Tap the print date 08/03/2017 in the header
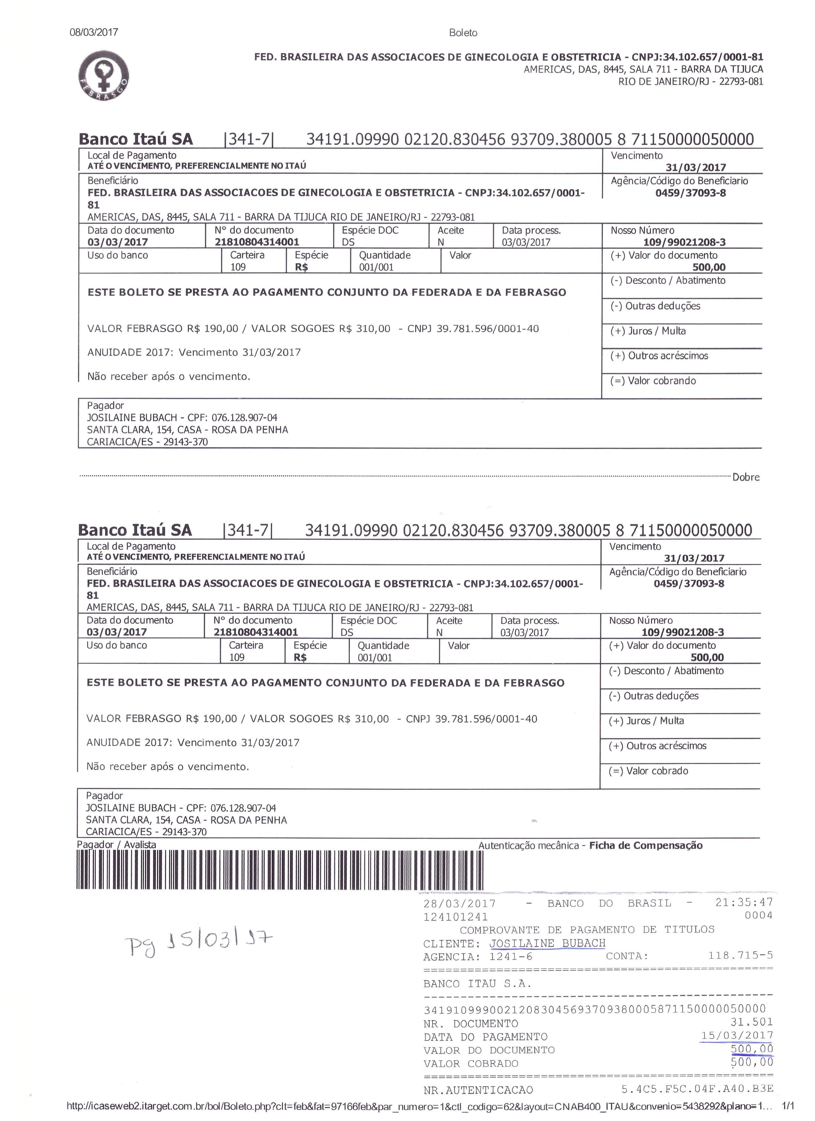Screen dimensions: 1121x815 click(x=94, y=32)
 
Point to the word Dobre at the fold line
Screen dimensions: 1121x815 click(x=746, y=477)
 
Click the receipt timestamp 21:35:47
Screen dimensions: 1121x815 click(x=744, y=903)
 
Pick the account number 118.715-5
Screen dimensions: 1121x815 click(x=740, y=956)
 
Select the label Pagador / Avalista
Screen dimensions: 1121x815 click(x=117, y=845)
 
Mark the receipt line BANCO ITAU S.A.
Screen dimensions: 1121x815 click(x=477, y=984)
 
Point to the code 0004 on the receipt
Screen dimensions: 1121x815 click(x=758, y=915)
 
